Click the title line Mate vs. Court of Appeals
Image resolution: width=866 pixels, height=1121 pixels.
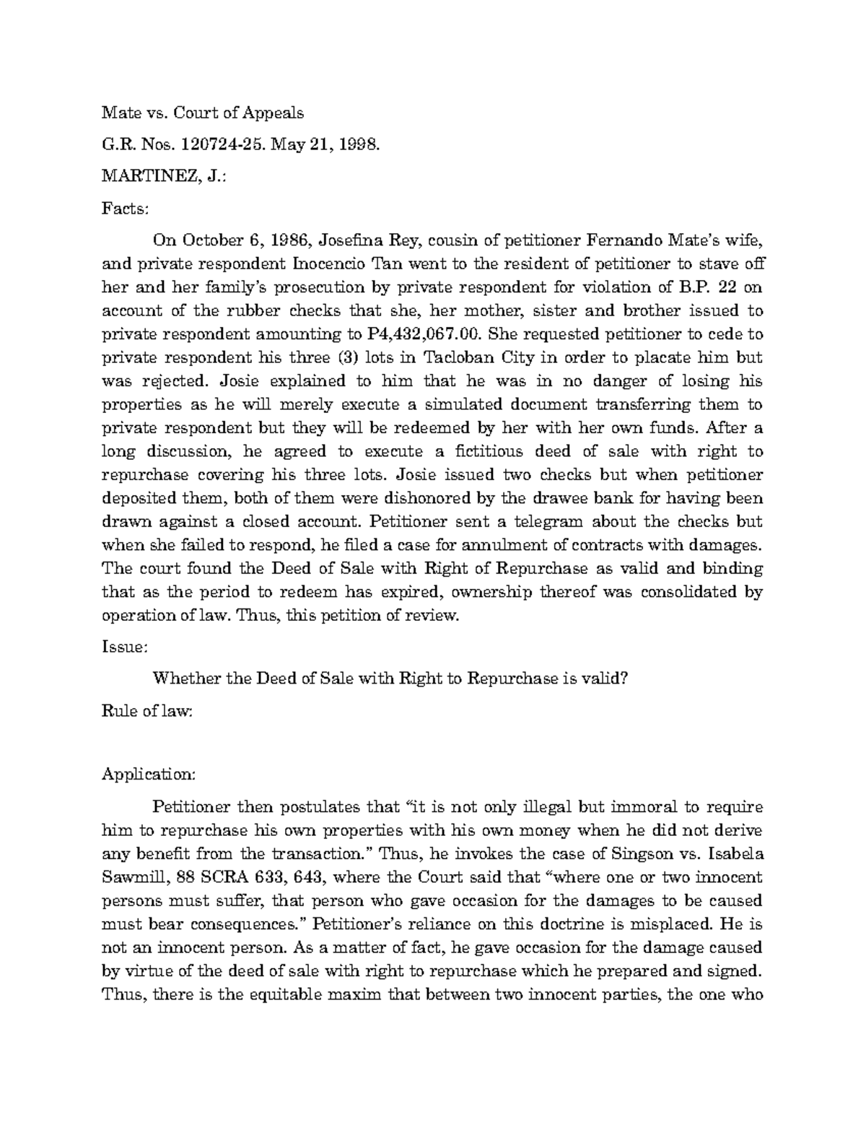[203, 113]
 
